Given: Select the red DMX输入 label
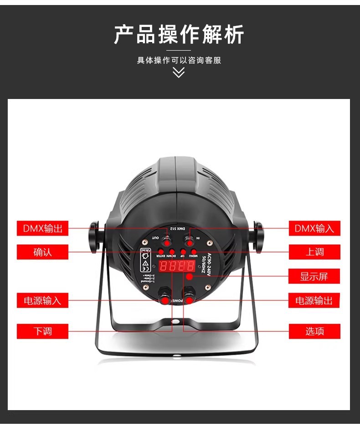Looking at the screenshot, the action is click(314, 228).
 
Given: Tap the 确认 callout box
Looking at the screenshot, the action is click(42, 252).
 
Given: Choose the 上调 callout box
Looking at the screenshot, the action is click(314, 252).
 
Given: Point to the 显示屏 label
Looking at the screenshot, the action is click(314, 276).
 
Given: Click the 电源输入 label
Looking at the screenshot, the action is click(42, 301).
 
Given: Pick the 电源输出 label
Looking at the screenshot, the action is click(314, 301).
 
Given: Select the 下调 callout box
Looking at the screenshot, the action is click(42, 331).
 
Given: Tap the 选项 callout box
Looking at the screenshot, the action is click(314, 331).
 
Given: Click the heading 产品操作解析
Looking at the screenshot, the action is click(179, 35).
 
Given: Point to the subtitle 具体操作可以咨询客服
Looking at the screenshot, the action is click(179, 60).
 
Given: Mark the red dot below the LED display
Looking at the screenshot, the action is click(190, 277).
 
